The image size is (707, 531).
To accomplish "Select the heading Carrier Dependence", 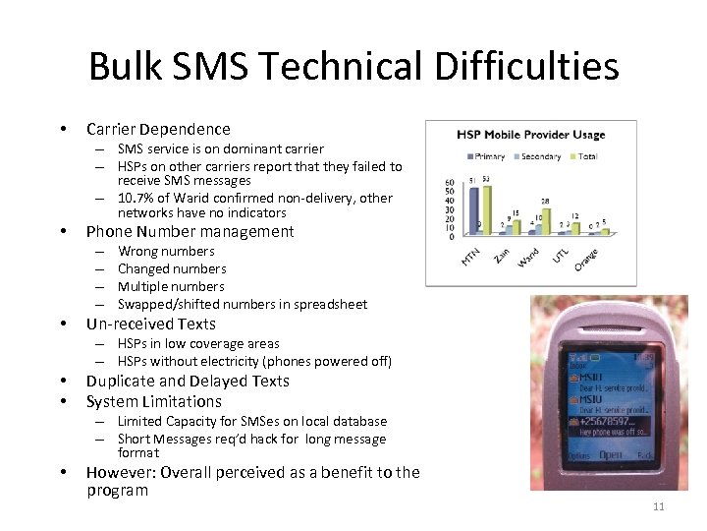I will click(158, 129).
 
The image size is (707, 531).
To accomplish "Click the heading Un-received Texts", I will click(150, 324).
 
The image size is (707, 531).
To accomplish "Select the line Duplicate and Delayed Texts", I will click(188, 381).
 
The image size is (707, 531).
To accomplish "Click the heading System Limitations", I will click(154, 401).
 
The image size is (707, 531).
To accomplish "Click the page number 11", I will click(658, 506).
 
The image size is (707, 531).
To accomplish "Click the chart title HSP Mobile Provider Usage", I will click(530, 135).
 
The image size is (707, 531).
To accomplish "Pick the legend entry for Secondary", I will click(538, 156).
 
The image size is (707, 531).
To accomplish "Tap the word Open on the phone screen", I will click(610, 454).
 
